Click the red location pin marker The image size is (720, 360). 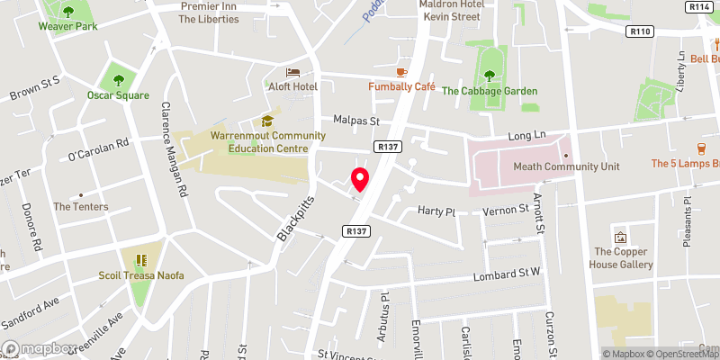coord(360,179)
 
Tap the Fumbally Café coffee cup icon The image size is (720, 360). coord(401,71)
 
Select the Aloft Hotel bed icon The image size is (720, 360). coord(292,71)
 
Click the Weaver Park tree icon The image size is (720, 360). coord(68,12)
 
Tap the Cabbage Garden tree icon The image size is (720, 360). coord(489,76)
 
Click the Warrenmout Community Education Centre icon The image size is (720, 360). coord(266,121)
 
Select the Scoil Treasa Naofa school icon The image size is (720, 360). coord(141,261)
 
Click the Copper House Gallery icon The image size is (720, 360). coord(621,238)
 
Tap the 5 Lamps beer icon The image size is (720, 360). coord(700,148)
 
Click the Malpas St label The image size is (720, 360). coord(357,120)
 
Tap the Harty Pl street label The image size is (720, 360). coord(438,211)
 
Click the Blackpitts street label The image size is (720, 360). coord(296,220)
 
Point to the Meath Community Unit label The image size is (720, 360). coord(566,166)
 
